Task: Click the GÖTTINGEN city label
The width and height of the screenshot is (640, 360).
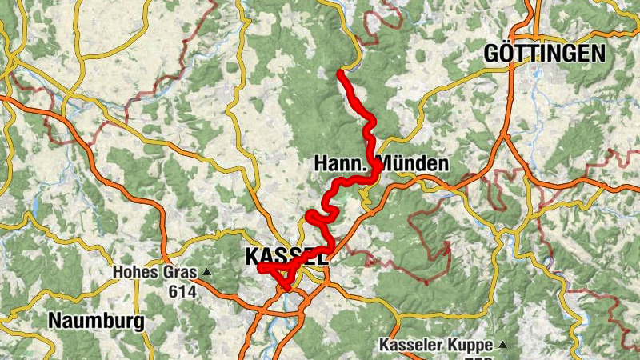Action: click(544, 54)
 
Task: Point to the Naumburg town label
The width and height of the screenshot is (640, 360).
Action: click(96, 322)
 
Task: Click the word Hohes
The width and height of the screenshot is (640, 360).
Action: click(138, 273)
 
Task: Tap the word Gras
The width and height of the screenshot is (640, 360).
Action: click(180, 273)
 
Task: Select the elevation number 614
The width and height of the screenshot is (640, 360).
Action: click(182, 292)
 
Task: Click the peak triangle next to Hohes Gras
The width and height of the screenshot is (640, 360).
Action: click(206, 272)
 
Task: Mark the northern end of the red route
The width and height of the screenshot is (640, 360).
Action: click(340, 73)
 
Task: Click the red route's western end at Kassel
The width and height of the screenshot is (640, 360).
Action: click(261, 268)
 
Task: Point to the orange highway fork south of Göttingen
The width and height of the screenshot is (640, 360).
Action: click(506, 138)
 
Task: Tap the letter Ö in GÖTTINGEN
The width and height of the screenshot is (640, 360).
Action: click(507, 54)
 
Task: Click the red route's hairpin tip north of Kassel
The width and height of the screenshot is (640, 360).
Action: click(309, 217)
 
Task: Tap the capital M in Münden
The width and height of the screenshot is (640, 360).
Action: click(387, 165)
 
